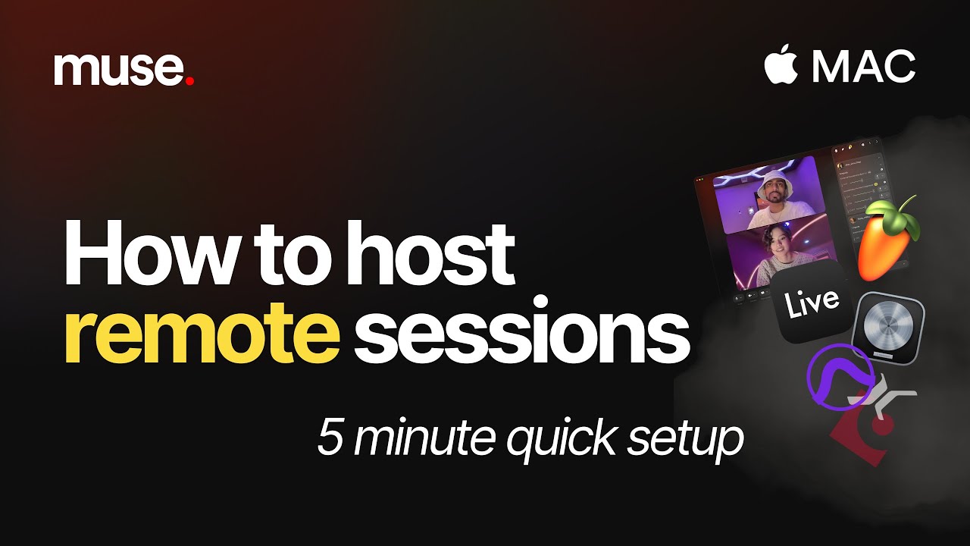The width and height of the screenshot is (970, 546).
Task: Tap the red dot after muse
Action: coord(189,80)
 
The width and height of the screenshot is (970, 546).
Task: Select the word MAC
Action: coord(864,67)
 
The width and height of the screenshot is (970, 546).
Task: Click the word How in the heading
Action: coord(144,252)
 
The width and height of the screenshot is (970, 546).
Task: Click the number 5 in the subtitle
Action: coord(330,438)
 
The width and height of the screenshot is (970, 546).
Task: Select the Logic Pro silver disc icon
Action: coord(888,326)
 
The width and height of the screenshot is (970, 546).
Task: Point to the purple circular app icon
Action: coord(840,376)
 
